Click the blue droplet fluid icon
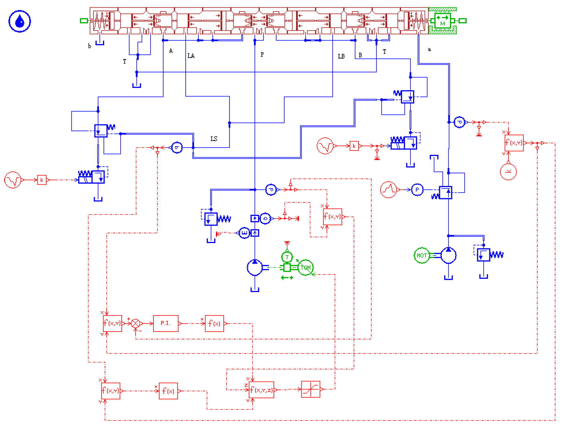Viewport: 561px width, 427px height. click(x=20, y=21)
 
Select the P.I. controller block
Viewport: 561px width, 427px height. click(x=165, y=323)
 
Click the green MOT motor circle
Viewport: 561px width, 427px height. click(x=422, y=256)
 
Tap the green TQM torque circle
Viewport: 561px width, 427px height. click(x=305, y=267)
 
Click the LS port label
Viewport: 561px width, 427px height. click(x=214, y=139)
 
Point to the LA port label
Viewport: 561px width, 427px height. click(x=191, y=56)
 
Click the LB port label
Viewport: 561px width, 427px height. click(x=341, y=56)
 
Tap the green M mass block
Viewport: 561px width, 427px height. click(x=442, y=21)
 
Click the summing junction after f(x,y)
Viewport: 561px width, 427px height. click(x=136, y=323)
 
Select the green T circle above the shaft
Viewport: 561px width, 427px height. click(x=287, y=257)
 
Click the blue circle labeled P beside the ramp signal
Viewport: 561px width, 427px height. click(x=417, y=189)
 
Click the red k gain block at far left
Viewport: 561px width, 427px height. click(x=42, y=180)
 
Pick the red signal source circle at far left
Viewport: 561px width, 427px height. click(x=12, y=180)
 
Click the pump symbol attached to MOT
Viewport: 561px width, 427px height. click(x=448, y=256)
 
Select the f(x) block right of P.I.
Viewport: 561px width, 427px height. click(x=214, y=323)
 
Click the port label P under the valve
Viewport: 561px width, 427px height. click(x=262, y=55)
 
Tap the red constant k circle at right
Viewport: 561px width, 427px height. click(x=508, y=172)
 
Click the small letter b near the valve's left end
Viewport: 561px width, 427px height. click(x=89, y=46)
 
